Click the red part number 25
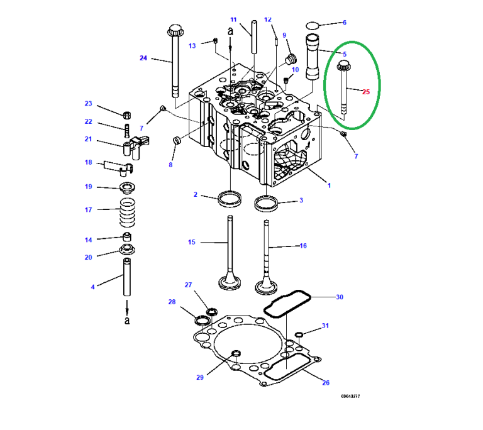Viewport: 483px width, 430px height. [366, 92]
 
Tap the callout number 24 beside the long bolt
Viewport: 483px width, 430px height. [143, 58]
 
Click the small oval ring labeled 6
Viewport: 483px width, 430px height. [311, 25]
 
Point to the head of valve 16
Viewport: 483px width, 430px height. [267, 286]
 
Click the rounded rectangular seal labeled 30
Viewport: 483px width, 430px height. [286, 304]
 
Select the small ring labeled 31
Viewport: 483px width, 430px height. [299, 333]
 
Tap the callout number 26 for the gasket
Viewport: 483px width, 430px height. [325, 382]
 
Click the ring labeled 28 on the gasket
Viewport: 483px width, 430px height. [203, 320]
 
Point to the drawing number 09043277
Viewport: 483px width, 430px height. [350, 397]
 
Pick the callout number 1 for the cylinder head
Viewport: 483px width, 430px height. [328, 185]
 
